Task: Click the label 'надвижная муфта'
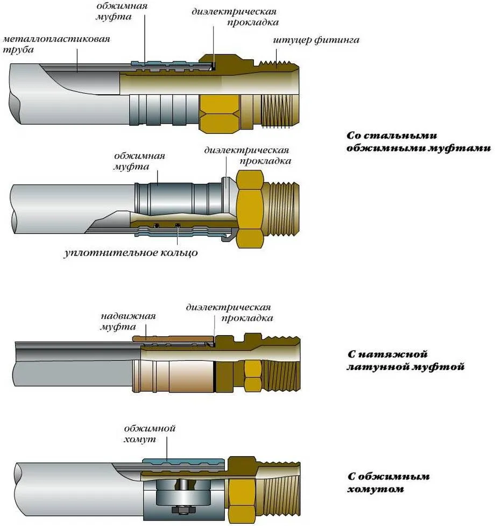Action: pyautogui.click(x=120, y=322)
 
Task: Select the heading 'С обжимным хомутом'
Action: pyautogui.click(x=381, y=482)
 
